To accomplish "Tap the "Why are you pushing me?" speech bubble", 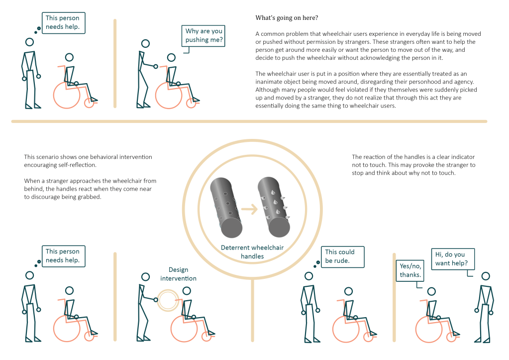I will pyautogui.click(x=204, y=35).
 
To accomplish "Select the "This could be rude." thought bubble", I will pyautogui.click(x=343, y=256).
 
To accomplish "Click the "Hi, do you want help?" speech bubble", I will pyautogui.click(x=452, y=259).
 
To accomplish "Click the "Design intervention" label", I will pyautogui.click(x=178, y=274).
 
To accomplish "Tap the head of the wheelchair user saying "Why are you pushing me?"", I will pyautogui.click(x=171, y=58).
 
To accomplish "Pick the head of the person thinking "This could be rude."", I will pyautogui.click(x=306, y=276).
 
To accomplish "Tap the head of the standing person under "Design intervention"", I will pyautogui.click(x=145, y=277).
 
